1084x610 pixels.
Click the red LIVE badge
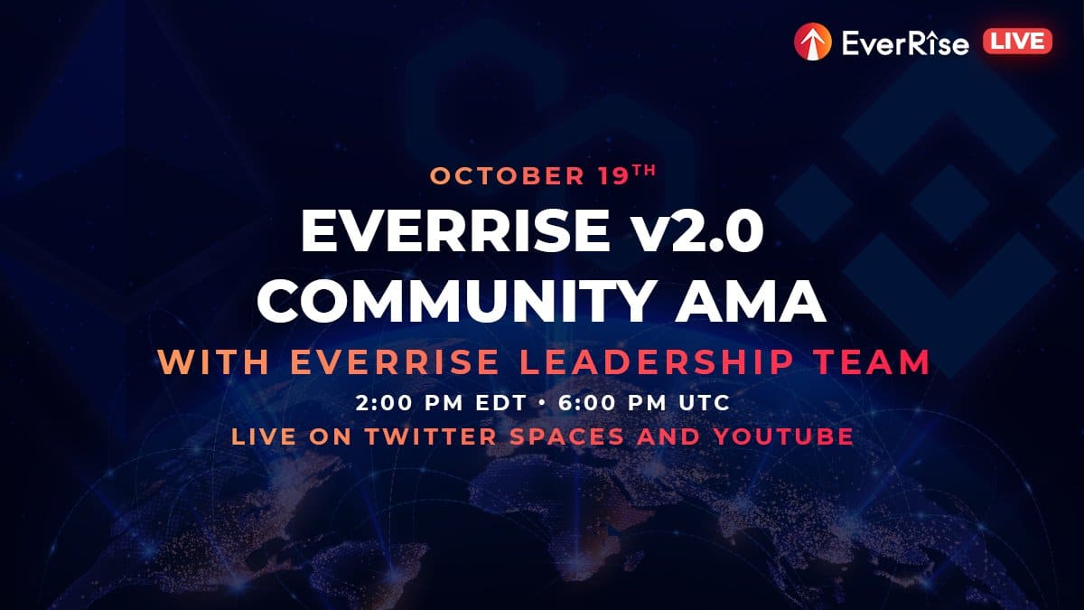[x=1017, y=42]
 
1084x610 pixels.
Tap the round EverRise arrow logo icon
[x=812, y=42]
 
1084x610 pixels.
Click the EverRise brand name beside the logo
[x=905, y=42]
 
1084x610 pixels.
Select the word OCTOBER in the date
[x=507, y=176]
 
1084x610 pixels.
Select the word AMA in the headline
[x=751, y=302]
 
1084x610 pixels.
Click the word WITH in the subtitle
[x=213, y=362]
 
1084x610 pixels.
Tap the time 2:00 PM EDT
[x=441, y=403]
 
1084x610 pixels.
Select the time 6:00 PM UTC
[x=644, y=403]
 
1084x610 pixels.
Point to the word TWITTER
[x=431, y=436]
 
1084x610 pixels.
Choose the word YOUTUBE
[x=783, y=436]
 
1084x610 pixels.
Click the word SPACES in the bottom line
[x=567, y=436]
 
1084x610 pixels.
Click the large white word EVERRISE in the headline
[x=455, y=230]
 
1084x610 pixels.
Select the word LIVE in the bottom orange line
[x=264, y=436]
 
